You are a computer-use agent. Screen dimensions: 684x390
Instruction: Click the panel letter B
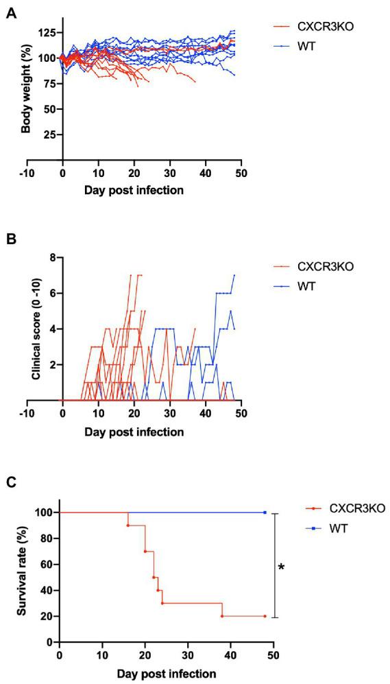click(11, 241)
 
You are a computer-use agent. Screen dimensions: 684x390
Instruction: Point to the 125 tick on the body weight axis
click(46, 32)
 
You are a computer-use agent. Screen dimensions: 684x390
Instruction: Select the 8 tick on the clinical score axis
click(51, 258)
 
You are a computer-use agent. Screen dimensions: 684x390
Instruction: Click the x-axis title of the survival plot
click(166, 674)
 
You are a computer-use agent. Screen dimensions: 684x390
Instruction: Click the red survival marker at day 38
click(222, 616)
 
